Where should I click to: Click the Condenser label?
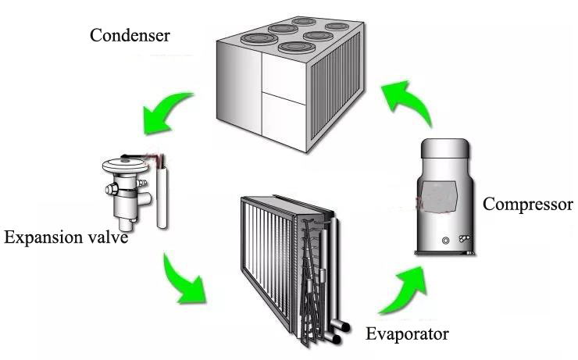click(x=130, y=35)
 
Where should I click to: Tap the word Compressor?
click(x=528, y=205)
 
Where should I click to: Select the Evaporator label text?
click(x=407, y=335)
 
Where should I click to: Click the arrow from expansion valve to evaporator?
click(x=185, y=278)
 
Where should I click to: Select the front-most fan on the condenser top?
click(x=291, y=48)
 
